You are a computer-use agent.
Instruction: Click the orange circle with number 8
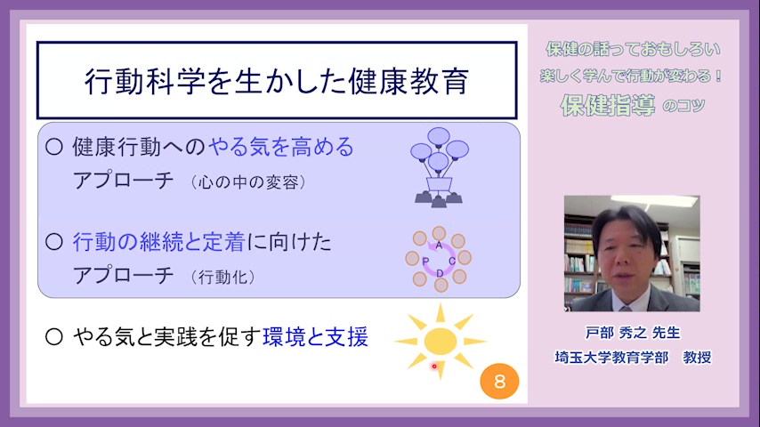tap(499, 382)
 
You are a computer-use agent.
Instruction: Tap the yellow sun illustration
tap(441, 342)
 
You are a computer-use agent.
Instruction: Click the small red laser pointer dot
tap(434, 367)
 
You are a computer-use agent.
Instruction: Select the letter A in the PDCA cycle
tap(439, 246)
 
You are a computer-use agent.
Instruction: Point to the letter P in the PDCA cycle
tap(425, 262)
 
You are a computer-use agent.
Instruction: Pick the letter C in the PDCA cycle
tap(452, 262)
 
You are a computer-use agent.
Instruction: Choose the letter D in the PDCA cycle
tap(439, 273)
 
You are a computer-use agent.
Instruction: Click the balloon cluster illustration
tap(439, 168)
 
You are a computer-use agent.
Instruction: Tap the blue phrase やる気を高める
tap(281, 147)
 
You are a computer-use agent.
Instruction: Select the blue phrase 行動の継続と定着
tap(158, 242)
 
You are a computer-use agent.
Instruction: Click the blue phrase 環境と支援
tap(315, 337)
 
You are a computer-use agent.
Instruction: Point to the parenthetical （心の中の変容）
tap(248, 182)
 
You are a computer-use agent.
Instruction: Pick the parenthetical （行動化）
tap(222, 278)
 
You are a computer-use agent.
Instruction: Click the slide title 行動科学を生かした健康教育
tap(277, 80)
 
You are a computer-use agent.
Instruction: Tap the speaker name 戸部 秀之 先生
tap(633, 333)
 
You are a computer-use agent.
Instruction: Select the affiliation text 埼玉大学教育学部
tap(611, 358)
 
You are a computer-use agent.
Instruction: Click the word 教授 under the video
tap(697, 358)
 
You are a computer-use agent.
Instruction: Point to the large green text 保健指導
tap(608, 105)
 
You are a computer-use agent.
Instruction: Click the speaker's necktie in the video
tap(626, 309)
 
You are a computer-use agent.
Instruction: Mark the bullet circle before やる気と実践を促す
tap(53, 337)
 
